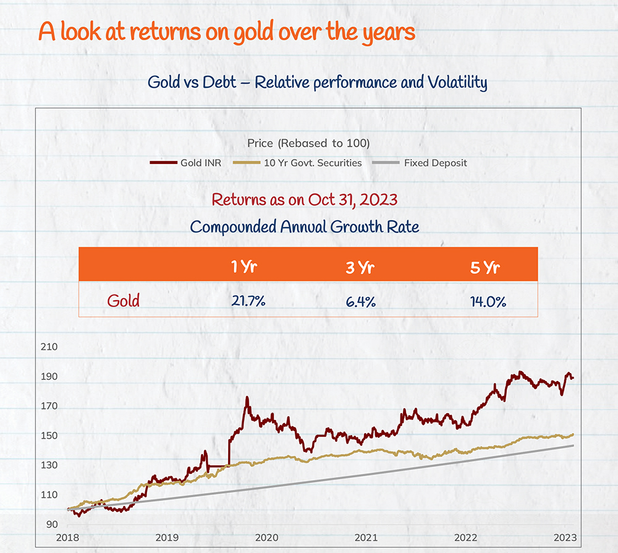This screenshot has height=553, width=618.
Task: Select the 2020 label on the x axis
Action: coord(266,537)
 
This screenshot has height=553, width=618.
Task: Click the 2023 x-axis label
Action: coord(565,537)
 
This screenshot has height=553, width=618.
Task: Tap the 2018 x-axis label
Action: coord(67,537)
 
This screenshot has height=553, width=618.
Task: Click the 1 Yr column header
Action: coord(243,267)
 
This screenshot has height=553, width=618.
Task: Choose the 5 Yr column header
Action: coord(485,267)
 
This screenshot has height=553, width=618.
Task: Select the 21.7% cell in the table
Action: coord(248,301)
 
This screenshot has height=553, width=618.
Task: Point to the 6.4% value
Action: coord(360,301)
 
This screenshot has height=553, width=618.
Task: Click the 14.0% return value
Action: coord(488,301)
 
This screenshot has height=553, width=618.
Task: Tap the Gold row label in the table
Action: coord(124,301)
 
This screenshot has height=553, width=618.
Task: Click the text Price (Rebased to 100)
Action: coord(308,143)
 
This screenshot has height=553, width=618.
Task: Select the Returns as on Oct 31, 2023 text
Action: coord(304,200)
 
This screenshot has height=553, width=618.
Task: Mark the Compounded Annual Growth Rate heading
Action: coord(304,226)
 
